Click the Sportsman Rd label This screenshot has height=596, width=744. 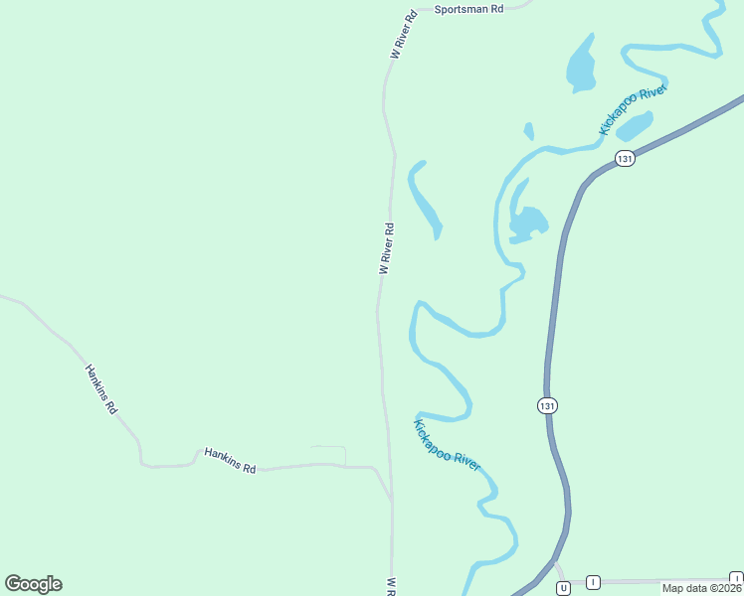click(469, 8)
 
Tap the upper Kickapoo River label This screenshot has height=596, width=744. click(632, 110)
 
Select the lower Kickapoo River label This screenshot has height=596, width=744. click(447, 445)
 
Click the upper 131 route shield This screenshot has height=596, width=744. click(625, 159)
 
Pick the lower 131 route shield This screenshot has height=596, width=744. click(547, 405)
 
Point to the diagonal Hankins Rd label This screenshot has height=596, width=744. click(101, 388)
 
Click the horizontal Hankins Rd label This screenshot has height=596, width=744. click(230, 460)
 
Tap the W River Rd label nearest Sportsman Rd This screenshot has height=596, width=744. click(403, 36)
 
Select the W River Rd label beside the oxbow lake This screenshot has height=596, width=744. click(387, 248)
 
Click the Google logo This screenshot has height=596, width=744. click(33, 584)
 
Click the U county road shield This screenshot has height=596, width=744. click(563, 588)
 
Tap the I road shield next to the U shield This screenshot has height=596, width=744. click(593, 582)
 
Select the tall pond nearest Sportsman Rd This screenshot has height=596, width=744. click(580, 65)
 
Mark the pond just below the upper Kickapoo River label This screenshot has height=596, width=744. click(635, 126)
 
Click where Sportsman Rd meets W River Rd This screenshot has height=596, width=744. click(416, 10)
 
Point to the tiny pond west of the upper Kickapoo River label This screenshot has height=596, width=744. click(529, 131)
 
